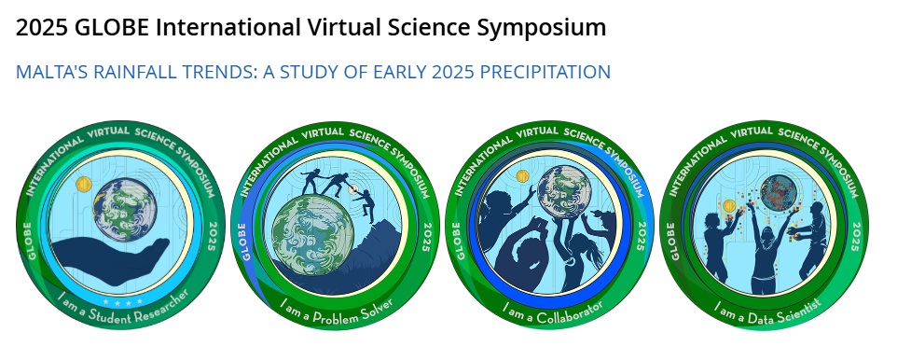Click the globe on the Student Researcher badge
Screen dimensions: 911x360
pyautogui.click(x=122, y=209)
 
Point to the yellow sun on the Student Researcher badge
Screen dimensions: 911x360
pyautogui.click(x=84, y=185)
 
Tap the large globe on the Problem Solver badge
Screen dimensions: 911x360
pyautogui.click(x=312, y=235)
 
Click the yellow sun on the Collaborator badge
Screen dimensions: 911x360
pyautogui.click(x=522, y=175)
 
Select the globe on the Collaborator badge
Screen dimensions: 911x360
pyautogui.click(x=564, y=192)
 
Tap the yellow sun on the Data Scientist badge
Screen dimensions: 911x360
pyautogui.click(x=729, y=205)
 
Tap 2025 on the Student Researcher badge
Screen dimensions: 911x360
pyautogui.click(x=212, y=236)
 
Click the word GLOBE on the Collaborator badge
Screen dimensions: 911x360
pyautogui.click(x=460, y=241)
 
